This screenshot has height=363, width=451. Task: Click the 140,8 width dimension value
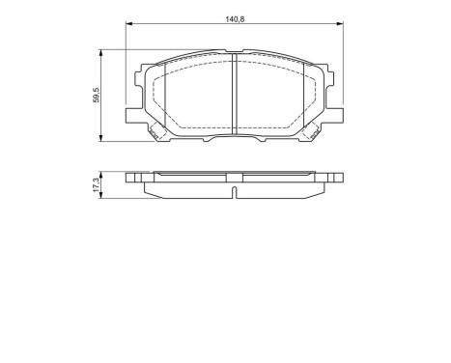236,17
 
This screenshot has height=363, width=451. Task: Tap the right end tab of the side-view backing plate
338,178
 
